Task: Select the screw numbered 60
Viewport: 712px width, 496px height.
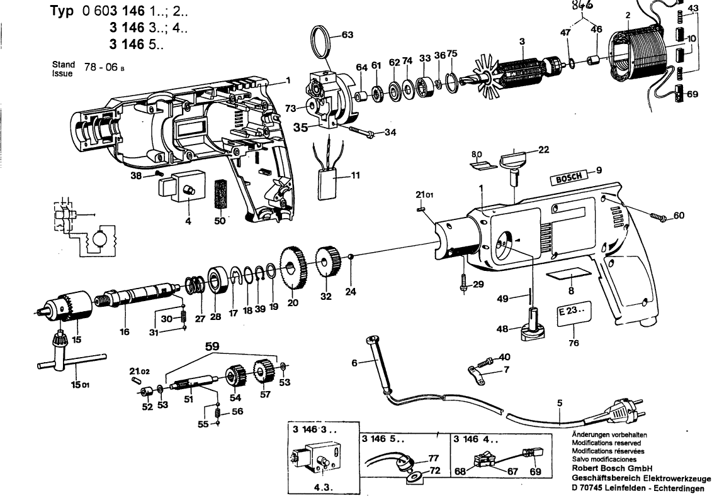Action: [x=655, y=217]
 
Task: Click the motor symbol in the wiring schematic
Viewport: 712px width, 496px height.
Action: [x=99, y=239]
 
